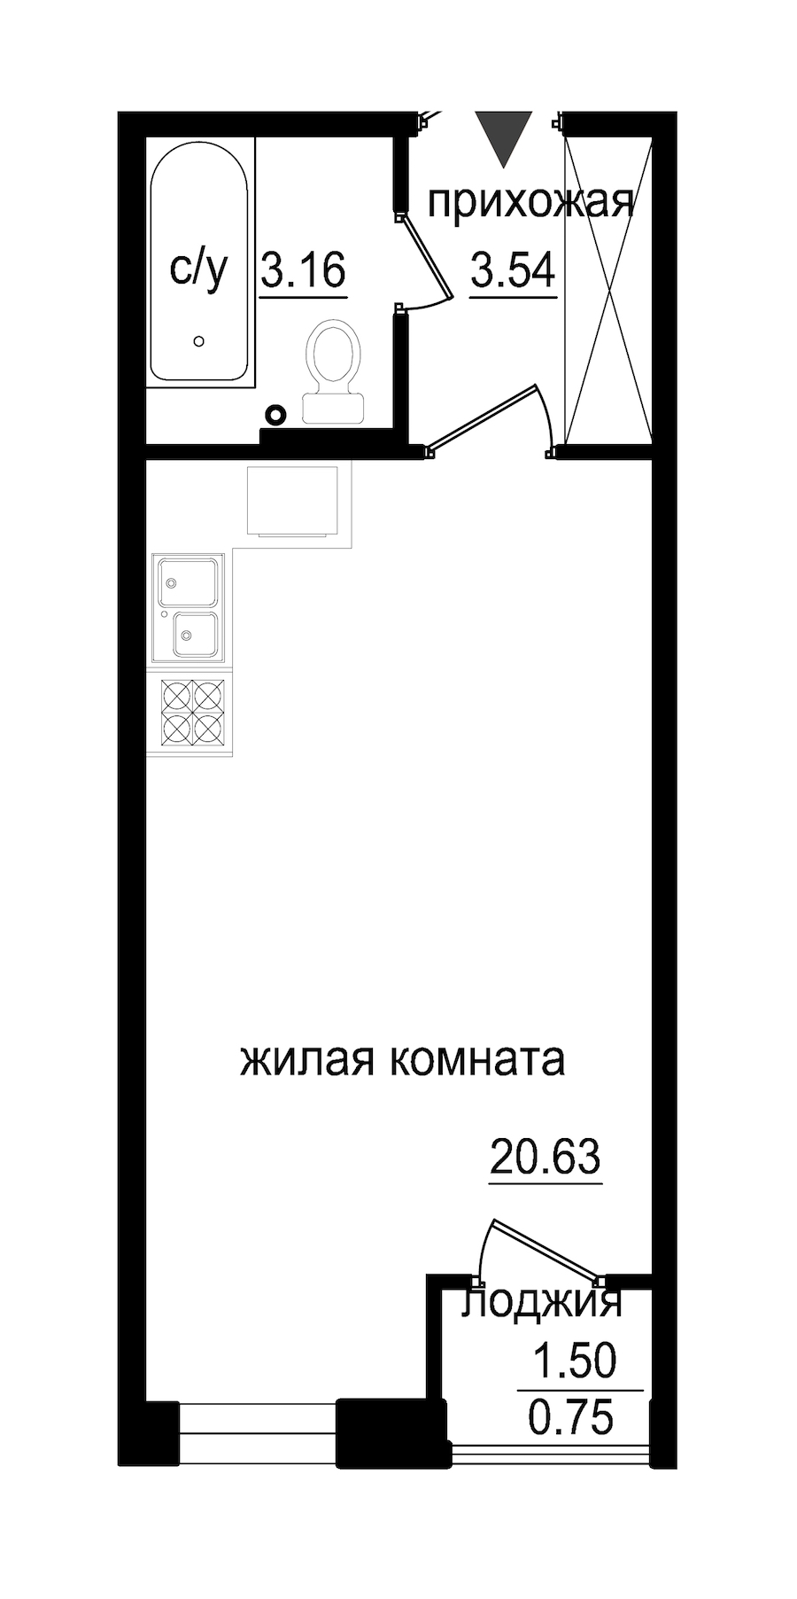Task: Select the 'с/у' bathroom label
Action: click(198, 269)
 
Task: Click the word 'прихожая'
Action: click(530, 203)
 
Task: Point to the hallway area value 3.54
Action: click(513, 269)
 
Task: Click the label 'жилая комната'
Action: click(402, 1059)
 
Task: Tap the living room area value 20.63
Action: click(546, 1157)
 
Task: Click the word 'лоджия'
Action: click(542, 1302)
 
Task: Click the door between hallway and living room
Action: click(484, 418)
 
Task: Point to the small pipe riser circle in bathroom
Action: click(277, 413)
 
